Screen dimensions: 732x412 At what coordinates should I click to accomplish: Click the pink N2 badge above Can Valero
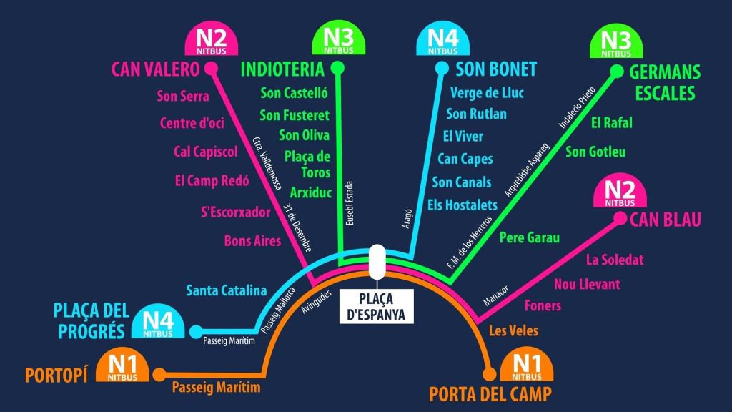coord(212,39)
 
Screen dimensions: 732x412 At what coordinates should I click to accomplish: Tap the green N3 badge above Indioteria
coord(338,39)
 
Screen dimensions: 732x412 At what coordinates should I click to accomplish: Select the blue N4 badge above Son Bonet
coord(442,39)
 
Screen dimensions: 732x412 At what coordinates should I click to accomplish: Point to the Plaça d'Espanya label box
coord(376,306)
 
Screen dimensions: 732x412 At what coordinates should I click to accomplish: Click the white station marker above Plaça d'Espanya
coord(377,261)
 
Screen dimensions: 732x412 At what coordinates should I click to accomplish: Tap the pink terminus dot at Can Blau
coord(620,218)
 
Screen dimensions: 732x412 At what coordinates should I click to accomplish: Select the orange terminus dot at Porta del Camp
coord(489,373)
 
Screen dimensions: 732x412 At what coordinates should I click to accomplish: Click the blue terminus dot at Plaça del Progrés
coord(196,332)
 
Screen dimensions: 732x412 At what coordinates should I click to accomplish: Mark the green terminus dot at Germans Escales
coord(617,71)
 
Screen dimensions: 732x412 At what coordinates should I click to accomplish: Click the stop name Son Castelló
coord(294,93)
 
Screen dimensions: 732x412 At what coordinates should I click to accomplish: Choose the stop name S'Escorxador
coord(236,212)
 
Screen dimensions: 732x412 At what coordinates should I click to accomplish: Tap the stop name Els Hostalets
coord(463,205)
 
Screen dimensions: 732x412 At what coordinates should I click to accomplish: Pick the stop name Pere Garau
coord(530,237)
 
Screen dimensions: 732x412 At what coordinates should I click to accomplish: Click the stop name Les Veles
coord(513,330)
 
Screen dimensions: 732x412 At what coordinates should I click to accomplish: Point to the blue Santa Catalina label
coord(227,290)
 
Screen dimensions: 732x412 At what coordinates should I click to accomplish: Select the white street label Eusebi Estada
coord(349,203)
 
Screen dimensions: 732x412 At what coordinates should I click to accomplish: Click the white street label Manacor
coord(496,295)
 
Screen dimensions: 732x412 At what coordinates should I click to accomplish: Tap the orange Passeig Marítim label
coord(216,387)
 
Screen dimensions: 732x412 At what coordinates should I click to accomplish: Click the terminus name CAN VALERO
coord(155,69)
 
